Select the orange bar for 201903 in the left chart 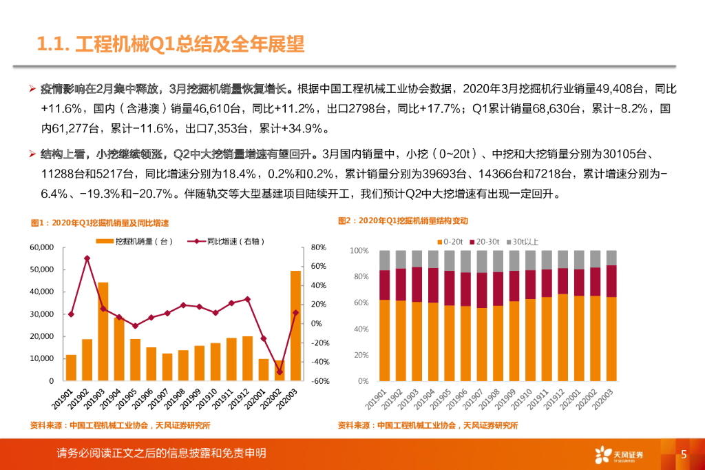click(x=103, y=331)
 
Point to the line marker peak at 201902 click(x=87, y=258)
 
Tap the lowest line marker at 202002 click(x=280, y=372)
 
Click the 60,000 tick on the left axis click(x=41, y=247)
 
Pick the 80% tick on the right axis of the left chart click(x=318, y=247)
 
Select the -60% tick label click(x=318, y=381)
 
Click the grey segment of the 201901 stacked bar click(x=384, y=260)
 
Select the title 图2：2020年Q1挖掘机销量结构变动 click(x=403, y=221)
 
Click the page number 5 click(x=684, y=453)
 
